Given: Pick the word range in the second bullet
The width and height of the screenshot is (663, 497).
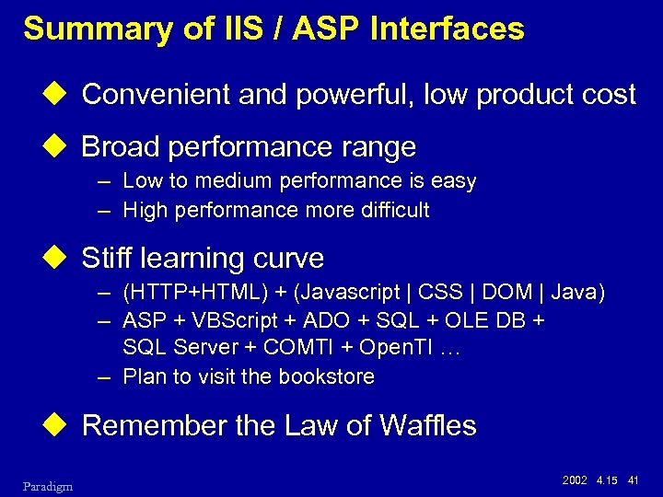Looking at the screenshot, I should [x=378, y=146].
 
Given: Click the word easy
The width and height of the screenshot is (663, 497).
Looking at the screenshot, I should [x=455, y=181].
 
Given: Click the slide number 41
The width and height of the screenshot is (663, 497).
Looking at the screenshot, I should [x=633, y=479].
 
